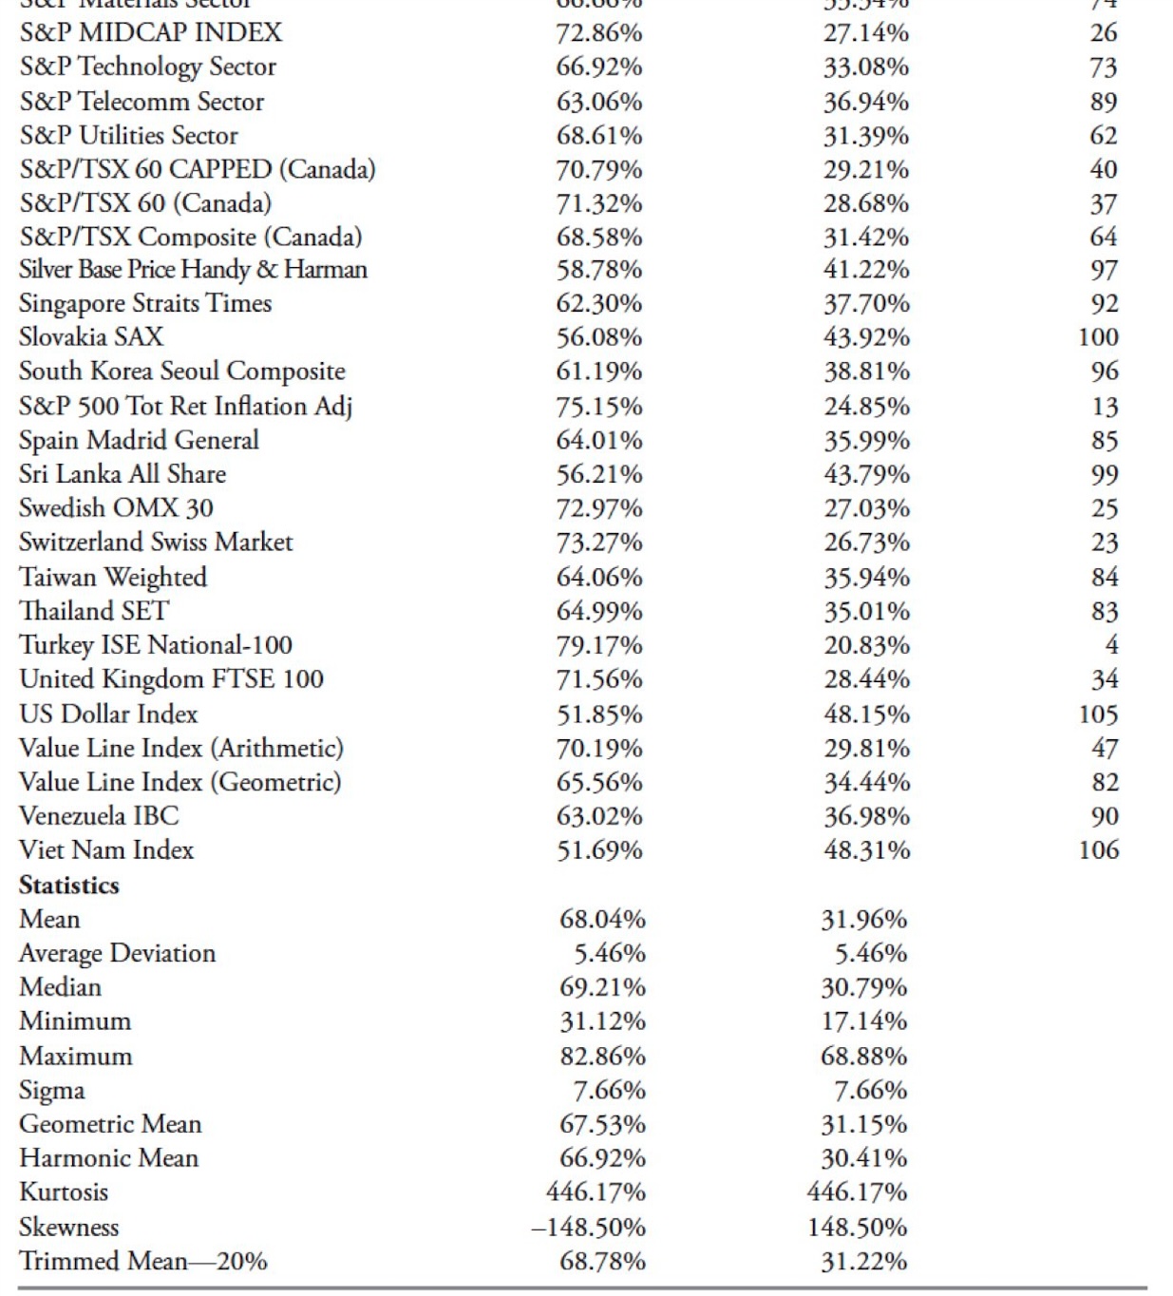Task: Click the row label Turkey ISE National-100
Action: tap(156, 645)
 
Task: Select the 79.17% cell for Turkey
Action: tap(599, 646)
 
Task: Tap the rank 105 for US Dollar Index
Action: tap(1098, 715)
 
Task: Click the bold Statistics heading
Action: tap(69, 886)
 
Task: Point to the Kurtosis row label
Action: tap(64, 1192)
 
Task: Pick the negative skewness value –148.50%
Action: tap(588, 1228)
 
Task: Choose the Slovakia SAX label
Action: tap(91, 337)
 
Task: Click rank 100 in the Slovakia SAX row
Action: tap(1098, 337)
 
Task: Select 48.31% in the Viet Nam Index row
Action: tap(866, 850)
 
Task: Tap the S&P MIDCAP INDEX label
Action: tap(151, 33)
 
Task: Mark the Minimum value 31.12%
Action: tap(602, 1022)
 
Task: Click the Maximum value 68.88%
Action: tap(863, 1057)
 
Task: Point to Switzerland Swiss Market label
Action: tap(156, 543)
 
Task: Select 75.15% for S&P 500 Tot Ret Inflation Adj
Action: tap(599, 407)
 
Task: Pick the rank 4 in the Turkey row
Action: tap(1110, 646)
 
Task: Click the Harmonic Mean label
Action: tap(109, 1158)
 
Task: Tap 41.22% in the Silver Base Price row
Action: tap(866, 270)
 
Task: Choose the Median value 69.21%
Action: tap(602, 988)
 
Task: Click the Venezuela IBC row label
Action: tap(99, 816)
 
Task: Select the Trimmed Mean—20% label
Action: tap(143, 1262)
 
